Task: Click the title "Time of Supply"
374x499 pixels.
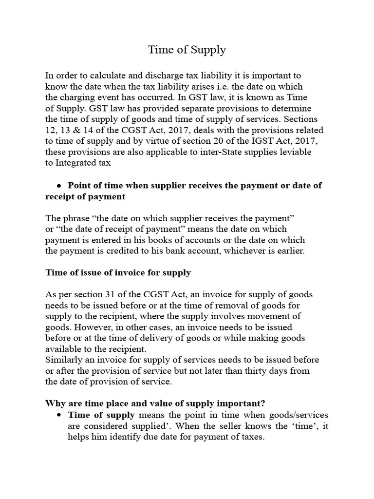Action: [187, 50]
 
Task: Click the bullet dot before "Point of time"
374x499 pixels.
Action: [58, 186]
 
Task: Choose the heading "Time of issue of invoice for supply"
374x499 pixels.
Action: [118, 273]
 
